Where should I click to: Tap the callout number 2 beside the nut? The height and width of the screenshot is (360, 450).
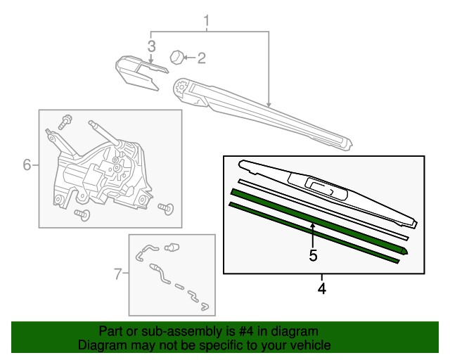(x=201, y=58)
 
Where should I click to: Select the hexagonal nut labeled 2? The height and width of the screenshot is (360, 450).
(x=179, y=56)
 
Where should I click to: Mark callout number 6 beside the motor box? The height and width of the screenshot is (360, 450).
(x=27, y=165)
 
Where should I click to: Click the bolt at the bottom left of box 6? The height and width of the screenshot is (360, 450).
(x=82, y=214)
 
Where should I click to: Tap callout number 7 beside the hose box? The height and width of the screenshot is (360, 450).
(x=118, y=274)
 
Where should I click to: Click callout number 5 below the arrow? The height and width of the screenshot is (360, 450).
(x=314, y=255)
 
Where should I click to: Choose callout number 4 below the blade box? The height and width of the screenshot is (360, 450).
(x=322, y=288)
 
